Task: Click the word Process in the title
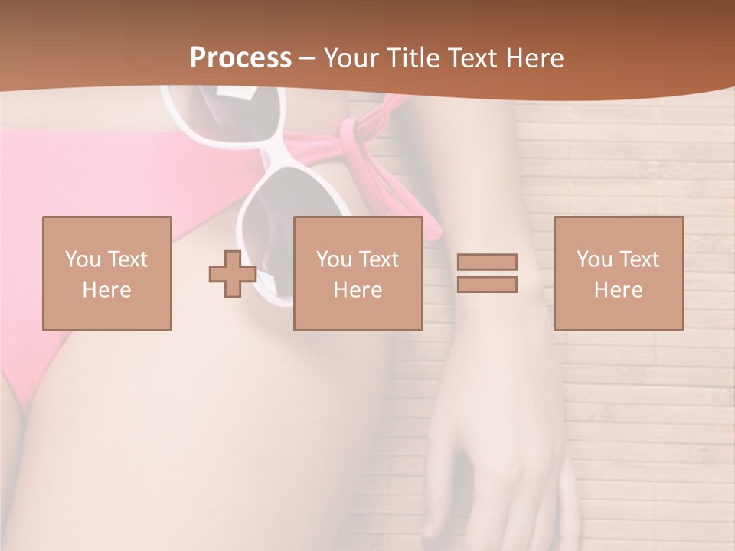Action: (x=240, y=58)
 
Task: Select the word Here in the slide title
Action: (x=534, y=58)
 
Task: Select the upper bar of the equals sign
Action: (x=487, y=262)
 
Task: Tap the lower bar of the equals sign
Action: (x=487, y=284)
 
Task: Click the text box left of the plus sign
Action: (x=106, y=273)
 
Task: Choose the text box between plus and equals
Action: (x=358, y=273)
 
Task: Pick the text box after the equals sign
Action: (x=618, y=273)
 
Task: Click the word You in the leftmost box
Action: (x=82, y=259)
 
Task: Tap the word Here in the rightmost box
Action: (x=618, y=289)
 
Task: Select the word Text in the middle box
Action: (x=378, y=259)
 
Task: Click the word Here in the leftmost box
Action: (x=106, y=289)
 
